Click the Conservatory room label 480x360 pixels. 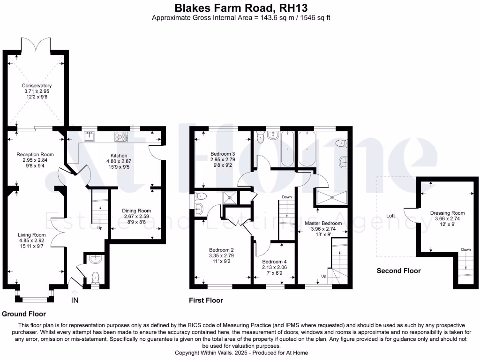tap(37, 86)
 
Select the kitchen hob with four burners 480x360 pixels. tap(121, 136)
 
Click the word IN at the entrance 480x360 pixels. tap(75, 300)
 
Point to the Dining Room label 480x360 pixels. tap(136, 210)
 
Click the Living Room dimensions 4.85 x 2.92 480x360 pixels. tap(31, 240)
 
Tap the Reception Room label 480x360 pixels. tap(35, 155)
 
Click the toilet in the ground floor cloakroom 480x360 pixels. tap(96, 277)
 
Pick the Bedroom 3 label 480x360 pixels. tap(223, 154)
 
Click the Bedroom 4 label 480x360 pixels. tap(274, 262)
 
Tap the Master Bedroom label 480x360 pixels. tap(323, 223)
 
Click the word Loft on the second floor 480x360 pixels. tap(390, 216)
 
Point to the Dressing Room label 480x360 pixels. tap(447, 213)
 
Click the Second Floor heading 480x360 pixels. tap(398, 271)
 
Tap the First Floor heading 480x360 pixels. tap(206, 300)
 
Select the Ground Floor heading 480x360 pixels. tap(24, 314)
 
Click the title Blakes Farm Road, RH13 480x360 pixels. tap(241, 7)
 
